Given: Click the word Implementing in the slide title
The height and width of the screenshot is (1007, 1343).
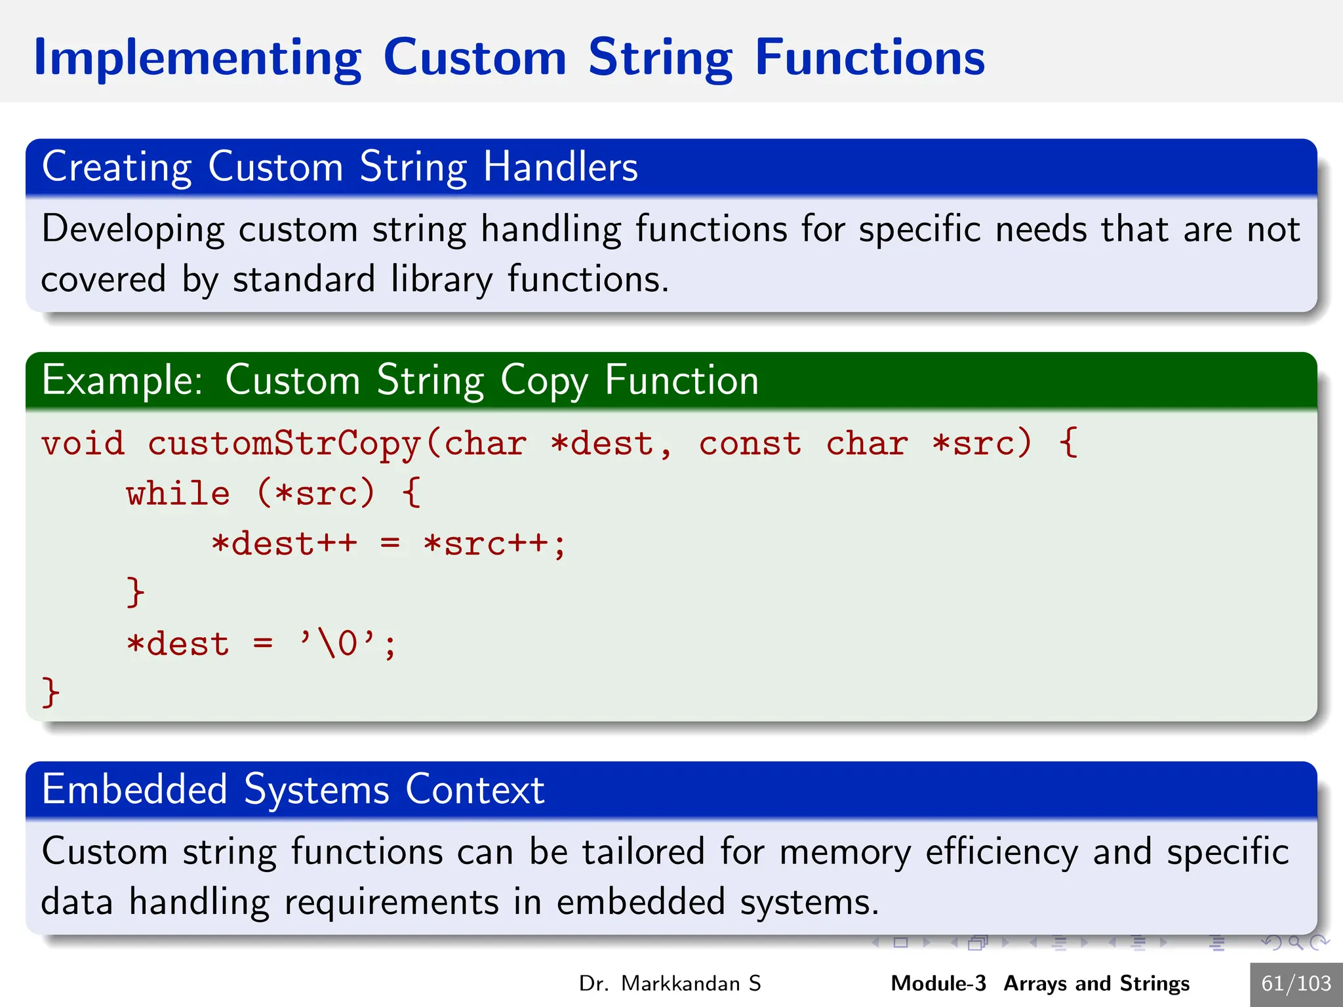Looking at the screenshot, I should [x=197, y=59].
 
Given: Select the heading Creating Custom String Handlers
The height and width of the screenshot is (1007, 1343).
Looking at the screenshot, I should [x=339, y=167].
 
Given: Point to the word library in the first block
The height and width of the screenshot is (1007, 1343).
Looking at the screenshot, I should [x=441, y=280].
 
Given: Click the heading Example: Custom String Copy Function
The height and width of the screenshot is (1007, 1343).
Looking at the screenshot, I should [x=400, y=380].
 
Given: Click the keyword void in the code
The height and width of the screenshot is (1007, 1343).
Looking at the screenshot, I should [x=83, y=444].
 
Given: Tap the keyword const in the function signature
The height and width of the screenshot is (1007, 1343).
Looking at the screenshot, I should [x=750, y=444].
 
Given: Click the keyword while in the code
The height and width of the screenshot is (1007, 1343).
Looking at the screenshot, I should [x=178, y=494].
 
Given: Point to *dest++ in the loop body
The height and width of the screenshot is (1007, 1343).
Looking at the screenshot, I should [x=284, y=544].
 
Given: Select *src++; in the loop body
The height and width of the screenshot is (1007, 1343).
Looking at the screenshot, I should [x=494, y=544].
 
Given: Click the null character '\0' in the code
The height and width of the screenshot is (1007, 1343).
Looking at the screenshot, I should [x=338, y=644].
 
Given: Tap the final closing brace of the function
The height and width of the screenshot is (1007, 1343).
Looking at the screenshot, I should [x=50, y=692].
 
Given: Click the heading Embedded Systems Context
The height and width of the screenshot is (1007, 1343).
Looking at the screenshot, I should [x=292, y=789].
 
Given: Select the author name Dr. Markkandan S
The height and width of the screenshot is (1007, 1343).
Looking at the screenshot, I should [x=670, y=983].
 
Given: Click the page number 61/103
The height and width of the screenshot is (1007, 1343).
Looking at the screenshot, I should [x=1296, y=983].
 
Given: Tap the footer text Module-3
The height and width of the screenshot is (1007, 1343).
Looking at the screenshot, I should [x=938, y=983].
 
